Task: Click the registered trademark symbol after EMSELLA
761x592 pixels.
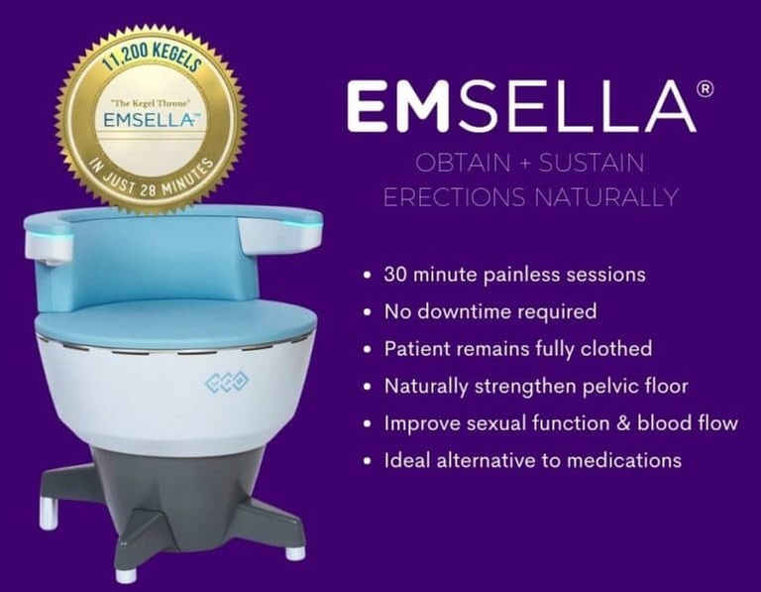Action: click(x=705, y=88)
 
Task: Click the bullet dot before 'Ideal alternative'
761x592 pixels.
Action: click(x=369, y=461)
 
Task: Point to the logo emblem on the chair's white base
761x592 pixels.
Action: click(x=227, y=382)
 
